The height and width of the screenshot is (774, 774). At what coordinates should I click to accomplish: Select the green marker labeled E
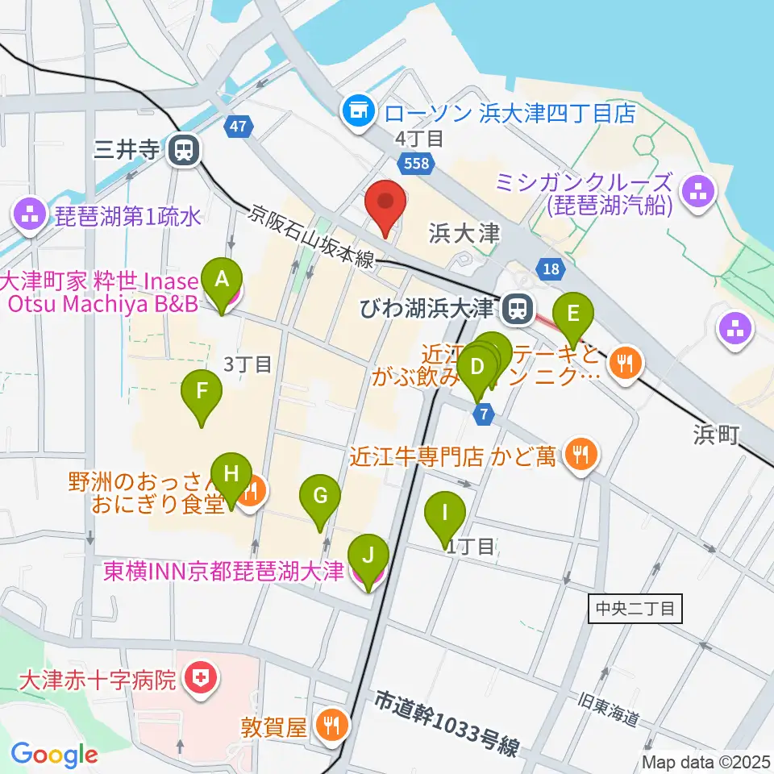[573, 314]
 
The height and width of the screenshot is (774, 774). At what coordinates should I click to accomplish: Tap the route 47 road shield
[237, 127]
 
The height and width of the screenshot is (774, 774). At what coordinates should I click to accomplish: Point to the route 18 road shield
[550, 270]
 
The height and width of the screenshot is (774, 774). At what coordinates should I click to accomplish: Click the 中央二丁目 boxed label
[635, 608]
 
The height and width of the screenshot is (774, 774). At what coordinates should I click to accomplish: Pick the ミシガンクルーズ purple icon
[694, 192]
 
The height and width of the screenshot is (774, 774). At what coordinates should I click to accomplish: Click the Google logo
[55, 755]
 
